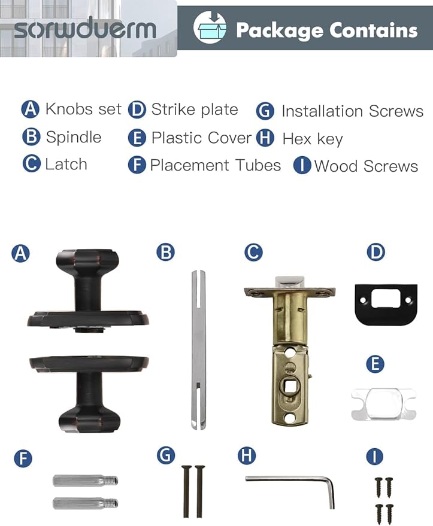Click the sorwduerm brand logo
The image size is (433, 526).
(x=85, y=28)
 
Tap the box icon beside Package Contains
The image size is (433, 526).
(x=210, y=27)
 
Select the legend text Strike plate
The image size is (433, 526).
(x=195, y=110)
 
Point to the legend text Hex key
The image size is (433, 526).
(x=313, y=139)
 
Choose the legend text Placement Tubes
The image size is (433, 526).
(x=215, y=165)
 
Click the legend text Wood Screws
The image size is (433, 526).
(x=366, y=166)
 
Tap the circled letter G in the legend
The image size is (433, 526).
(x=265, y=111)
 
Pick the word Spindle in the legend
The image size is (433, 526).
(x=74, y=137)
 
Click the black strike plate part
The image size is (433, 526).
(x=386, y=304)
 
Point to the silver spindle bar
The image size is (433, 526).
(x=198, y=349)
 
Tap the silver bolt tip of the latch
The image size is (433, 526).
(x=289, y=282)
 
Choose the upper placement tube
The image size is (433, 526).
(x=85, y=481)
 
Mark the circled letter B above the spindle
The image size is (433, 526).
(x=166, y=253)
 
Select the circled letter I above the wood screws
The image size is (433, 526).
(x=374, y=457)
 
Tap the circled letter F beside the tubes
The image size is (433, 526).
(x=23, y=458)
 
